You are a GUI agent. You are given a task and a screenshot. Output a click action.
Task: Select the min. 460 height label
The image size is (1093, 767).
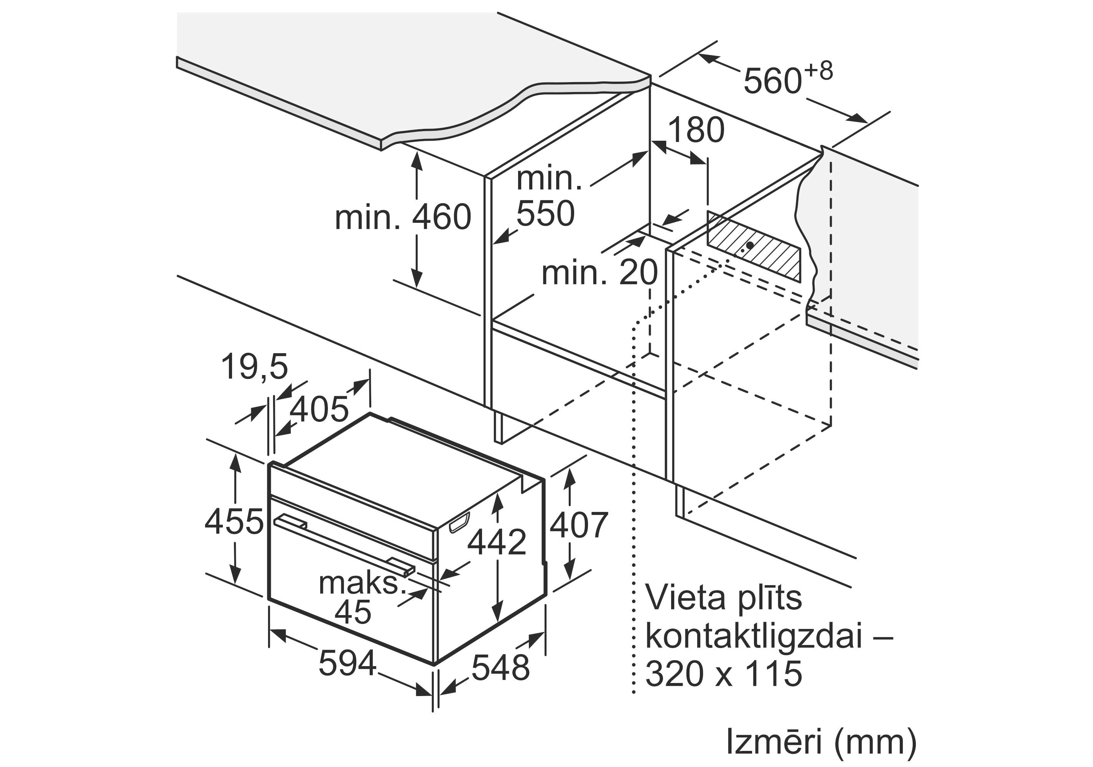[x=403, y=217]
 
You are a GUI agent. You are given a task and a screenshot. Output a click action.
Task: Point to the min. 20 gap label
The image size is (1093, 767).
[x=599, y=273]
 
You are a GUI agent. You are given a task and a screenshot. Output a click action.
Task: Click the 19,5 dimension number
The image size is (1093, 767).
[x=255, y=367]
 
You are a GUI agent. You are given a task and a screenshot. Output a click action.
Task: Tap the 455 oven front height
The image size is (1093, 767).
[x=234, y=521]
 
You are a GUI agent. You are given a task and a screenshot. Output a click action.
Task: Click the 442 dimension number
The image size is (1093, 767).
[x=497, y=542]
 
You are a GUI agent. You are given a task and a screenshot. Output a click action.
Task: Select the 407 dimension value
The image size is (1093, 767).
[x=578, y=525]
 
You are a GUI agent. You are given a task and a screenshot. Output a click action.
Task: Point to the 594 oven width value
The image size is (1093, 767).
[x=347, y=663]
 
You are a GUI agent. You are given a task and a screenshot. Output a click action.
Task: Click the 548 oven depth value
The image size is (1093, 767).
[x=500, y=668]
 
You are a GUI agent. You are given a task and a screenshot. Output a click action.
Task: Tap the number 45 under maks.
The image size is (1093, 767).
[x=353, y=612]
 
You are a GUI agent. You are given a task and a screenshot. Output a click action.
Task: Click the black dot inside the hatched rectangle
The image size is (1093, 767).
[x=750, y=245]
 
